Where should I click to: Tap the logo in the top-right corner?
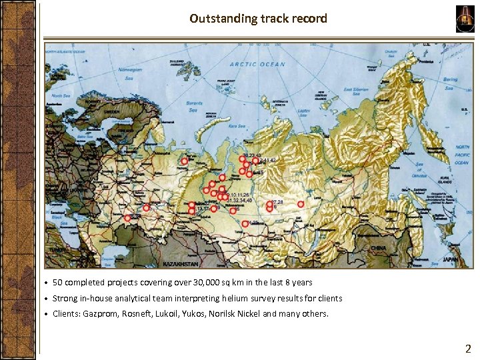pos(464,19)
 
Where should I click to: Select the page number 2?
pos(468,348)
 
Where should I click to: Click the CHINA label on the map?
pos(378,249)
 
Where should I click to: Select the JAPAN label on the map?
pos(451,260)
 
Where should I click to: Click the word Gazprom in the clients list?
pos(101,313)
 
